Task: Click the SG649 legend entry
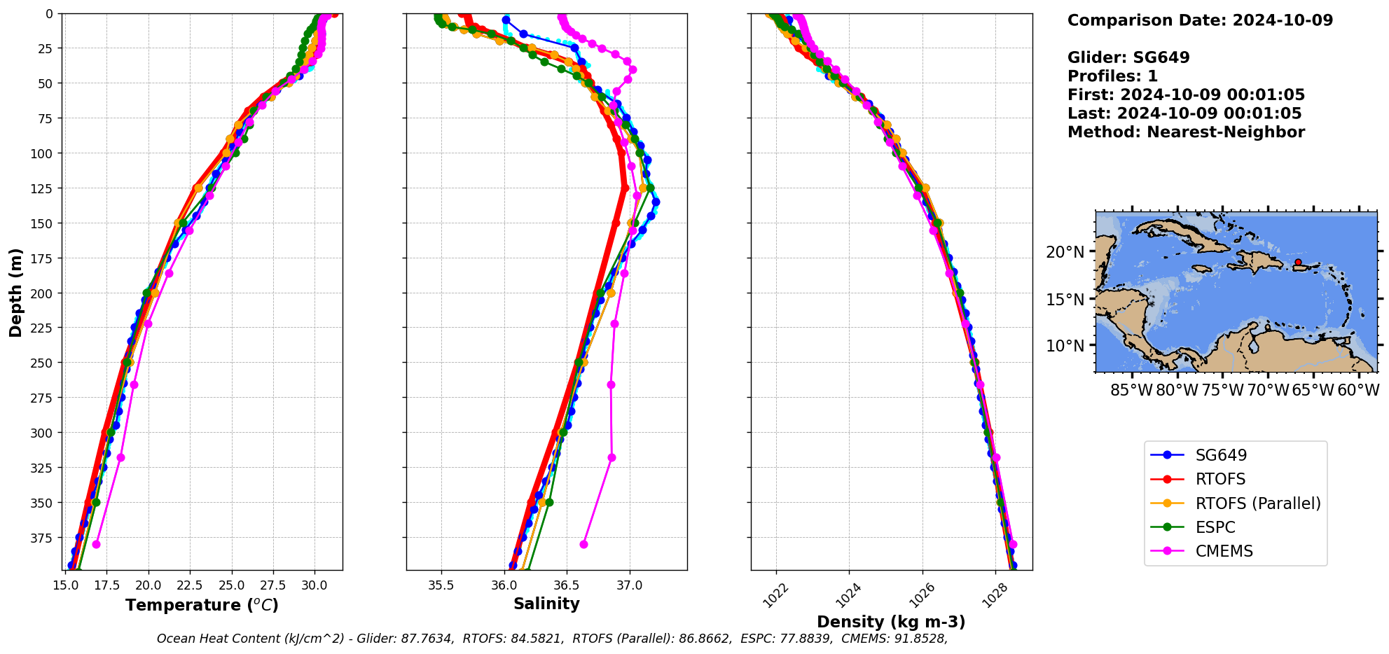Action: pos(1221,455)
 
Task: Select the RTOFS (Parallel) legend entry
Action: pos(1257,503)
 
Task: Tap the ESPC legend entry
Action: pos(1215,527)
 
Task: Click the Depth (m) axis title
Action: pos(15,292)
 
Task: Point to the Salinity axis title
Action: pos(546,604)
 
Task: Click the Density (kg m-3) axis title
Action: pos(891,622)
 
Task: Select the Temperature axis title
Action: pos(202,605)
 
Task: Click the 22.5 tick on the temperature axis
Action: pos(189,585)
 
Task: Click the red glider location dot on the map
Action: pos(1298,262)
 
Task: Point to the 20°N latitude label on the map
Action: pos(1065,252)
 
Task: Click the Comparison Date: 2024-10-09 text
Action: pos(1200,20)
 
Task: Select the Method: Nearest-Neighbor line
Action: pos(1186,132)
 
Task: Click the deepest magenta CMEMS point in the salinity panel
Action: pos(583,544)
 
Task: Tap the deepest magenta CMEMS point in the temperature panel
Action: pos(96,544)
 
